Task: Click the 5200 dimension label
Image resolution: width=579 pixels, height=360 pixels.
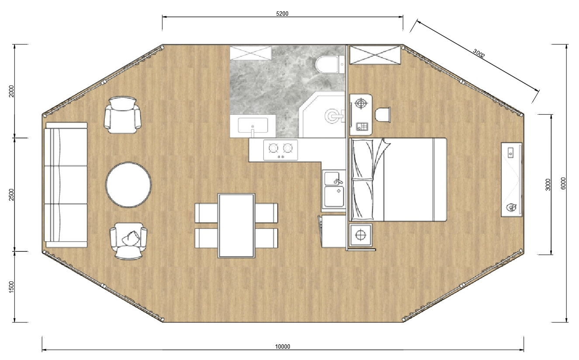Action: click(282, 14)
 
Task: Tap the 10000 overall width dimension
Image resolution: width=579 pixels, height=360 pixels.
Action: click(283, 346)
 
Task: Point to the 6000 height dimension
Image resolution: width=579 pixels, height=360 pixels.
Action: click(563, 183)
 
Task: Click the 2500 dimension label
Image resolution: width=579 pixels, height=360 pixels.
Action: click(11, 195)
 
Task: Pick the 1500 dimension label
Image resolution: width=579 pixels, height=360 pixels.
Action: click(11, 287)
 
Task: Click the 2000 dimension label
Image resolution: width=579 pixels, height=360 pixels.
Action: click(11, 91)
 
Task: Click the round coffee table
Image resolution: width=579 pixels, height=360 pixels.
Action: click(128, 185)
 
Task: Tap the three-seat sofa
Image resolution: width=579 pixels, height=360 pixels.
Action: click(66, 185)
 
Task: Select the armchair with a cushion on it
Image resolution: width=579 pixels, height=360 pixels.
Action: click(128, 241)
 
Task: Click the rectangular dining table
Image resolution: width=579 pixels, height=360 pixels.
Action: click(237, 226)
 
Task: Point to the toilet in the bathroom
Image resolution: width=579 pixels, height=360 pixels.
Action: click(330, 65)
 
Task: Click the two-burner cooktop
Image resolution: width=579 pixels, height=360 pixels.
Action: click(280, 150)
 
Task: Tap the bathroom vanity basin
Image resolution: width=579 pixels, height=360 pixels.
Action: click(253, 125)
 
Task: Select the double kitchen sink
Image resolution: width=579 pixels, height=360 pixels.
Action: click(334, 189)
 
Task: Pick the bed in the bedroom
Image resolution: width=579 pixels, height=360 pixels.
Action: click(398, 179)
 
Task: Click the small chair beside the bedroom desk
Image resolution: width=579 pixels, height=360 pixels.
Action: click(383, 115)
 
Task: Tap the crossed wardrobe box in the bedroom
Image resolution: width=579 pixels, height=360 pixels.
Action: click(375, 55)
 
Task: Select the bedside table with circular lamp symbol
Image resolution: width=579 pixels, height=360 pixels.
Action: click(361, 235)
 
